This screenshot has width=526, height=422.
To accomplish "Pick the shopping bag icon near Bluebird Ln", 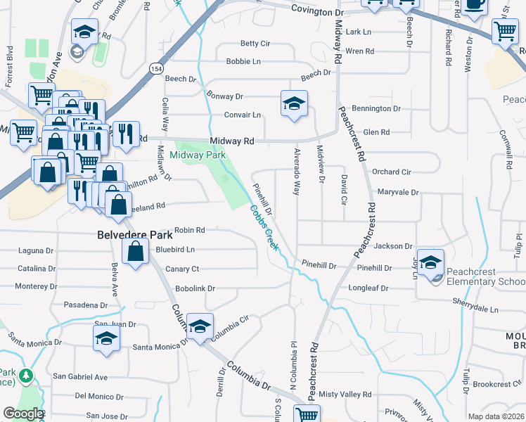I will point(135,251).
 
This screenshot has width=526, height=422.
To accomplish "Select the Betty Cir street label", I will point(255,44).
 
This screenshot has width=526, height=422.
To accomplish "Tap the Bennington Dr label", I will point(376,109).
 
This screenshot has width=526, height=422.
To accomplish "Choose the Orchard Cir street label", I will point(392,172).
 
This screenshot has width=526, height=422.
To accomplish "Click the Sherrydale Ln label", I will point(475,309).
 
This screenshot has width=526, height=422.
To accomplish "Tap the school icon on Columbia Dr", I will point(200,326).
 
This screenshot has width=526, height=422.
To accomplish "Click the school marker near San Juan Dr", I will point(106,338).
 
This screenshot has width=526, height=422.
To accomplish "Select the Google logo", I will point(23,414).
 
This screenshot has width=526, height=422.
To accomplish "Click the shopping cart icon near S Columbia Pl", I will point(307,414).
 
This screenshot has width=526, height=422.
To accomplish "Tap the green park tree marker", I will point(27,376).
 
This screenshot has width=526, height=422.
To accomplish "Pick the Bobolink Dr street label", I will point(195,289).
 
